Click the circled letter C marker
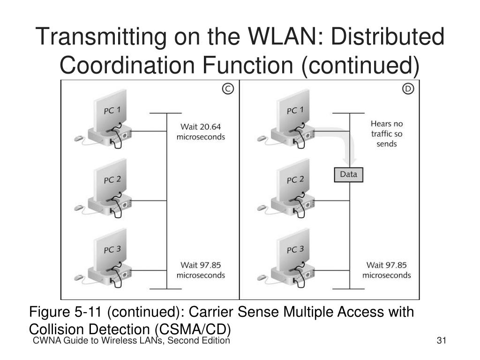(228, 89)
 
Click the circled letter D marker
(408, 89)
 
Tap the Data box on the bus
(348, 174)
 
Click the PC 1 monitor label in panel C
(112, 110)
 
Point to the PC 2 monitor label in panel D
(295, 180)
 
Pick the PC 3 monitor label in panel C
(112, 249)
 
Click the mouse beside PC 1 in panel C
(79, 138)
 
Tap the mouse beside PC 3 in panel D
(262, 277)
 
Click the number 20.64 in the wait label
(210, 127)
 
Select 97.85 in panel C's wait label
(210, 265)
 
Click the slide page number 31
(442, 340)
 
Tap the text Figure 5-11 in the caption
(65, 312)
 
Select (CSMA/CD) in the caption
(193, 330)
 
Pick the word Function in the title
(247, 65)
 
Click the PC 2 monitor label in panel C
(112, 180)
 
